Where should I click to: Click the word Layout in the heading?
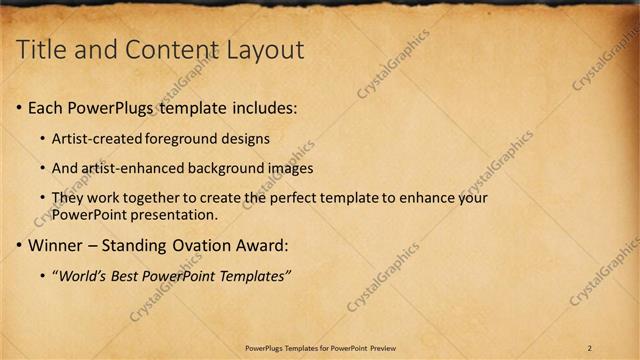[x=268, y=50]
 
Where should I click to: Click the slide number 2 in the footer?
[x=590, y=347]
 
